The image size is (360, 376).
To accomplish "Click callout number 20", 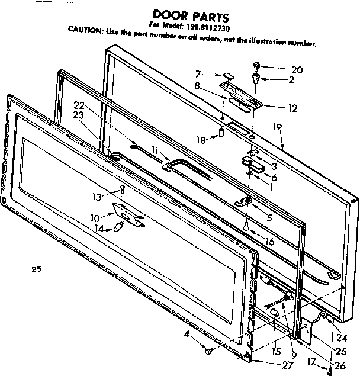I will click(x=297, y=70).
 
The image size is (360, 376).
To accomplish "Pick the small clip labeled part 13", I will click(x=122, y=190).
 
